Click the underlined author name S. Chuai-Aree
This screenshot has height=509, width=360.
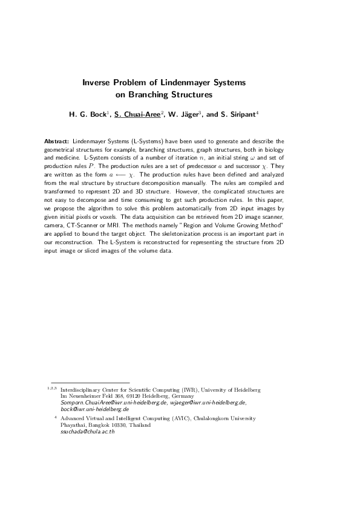coord(138,114)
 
